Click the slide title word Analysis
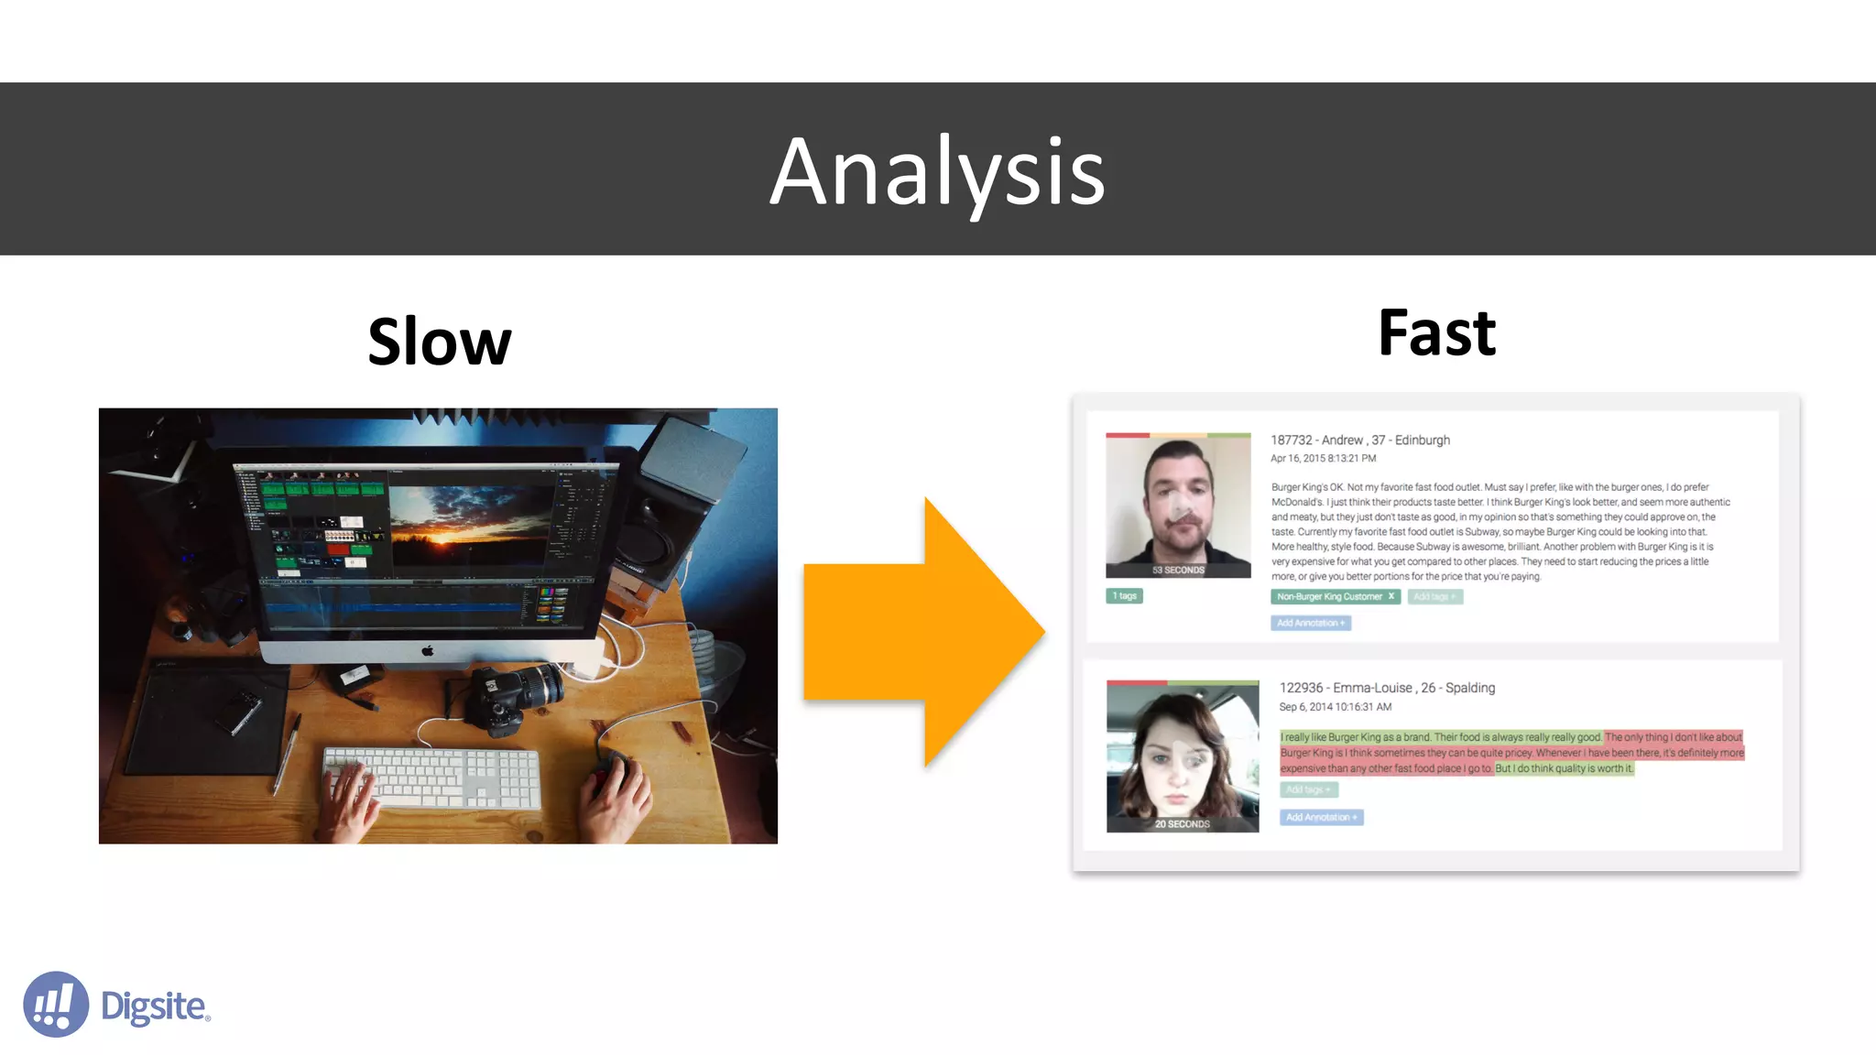pos(937,171)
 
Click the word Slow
pos(439,342)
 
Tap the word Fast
pos(1436,333)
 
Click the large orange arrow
pos(925,632)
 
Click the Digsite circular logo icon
pos(56,1005)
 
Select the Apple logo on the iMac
pos(427,651)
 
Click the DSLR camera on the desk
pos(513,696)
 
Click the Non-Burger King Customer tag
pos(1335,597)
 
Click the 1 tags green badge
pos(1124,596)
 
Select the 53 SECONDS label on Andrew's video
pos(1178,570)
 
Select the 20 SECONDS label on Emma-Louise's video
pos(1182,824)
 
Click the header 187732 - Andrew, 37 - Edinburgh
pos(1359,440)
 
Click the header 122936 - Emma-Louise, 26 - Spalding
pos(1386,688)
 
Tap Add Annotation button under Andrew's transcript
pos(1311,624)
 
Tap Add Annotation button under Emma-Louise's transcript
pos(1321,818)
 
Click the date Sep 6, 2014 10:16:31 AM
pos(1335,707)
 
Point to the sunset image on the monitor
pos(467,517)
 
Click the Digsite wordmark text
pos(154,1006)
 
